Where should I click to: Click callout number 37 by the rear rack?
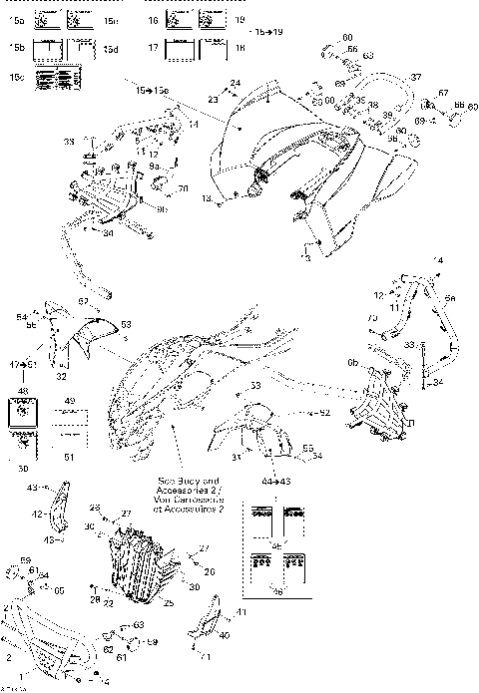click(416, 77)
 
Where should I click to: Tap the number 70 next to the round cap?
click(184, 188)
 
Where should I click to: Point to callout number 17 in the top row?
click(154, 48)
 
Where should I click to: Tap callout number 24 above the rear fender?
click(235, 83)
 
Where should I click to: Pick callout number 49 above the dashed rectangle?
click(70, 402)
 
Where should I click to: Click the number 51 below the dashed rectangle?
click(69, 457)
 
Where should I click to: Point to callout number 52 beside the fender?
click(325, 411)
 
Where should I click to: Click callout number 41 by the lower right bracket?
click(239, 610)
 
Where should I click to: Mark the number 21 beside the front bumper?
click(8, 607)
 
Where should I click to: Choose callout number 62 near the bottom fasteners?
click(106, 648)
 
